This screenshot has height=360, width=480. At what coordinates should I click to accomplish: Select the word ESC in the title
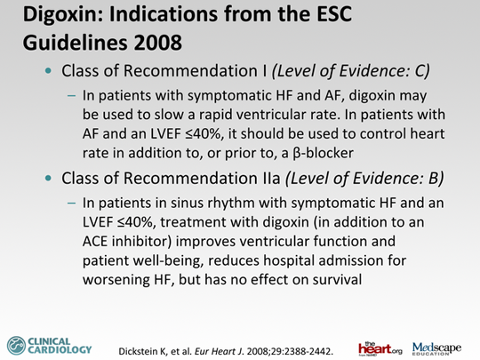point(334,13)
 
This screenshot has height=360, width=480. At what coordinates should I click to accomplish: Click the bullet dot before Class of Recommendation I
point(48,71)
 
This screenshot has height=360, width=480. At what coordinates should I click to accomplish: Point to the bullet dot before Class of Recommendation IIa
point(48,178)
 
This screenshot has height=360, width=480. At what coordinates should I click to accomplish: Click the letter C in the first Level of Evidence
point(420,71)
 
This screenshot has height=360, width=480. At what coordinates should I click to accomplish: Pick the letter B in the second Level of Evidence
point(434,178)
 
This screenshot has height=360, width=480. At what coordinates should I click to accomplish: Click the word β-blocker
point(323,153)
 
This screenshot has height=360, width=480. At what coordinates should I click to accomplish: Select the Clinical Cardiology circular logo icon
point(16,346)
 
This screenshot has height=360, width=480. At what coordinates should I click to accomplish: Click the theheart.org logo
point(380,348)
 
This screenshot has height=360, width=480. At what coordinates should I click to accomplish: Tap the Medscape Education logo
point(436,348)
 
